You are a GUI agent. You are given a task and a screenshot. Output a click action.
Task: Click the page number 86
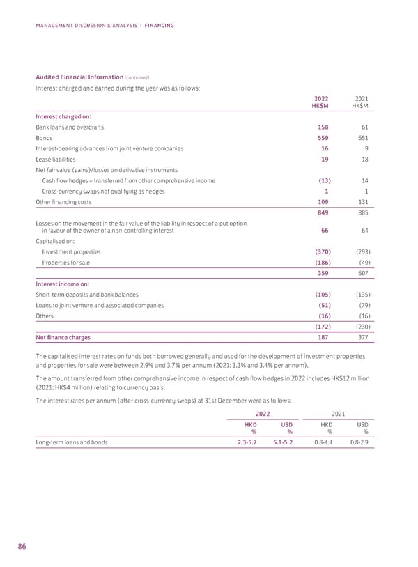22,546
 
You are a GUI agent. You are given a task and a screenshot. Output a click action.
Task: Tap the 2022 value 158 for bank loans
323,127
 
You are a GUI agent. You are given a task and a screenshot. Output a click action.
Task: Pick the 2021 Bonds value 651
360,138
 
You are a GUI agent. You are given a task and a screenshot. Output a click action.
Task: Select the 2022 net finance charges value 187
323,338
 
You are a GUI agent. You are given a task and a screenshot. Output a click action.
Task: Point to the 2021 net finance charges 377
360,338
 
